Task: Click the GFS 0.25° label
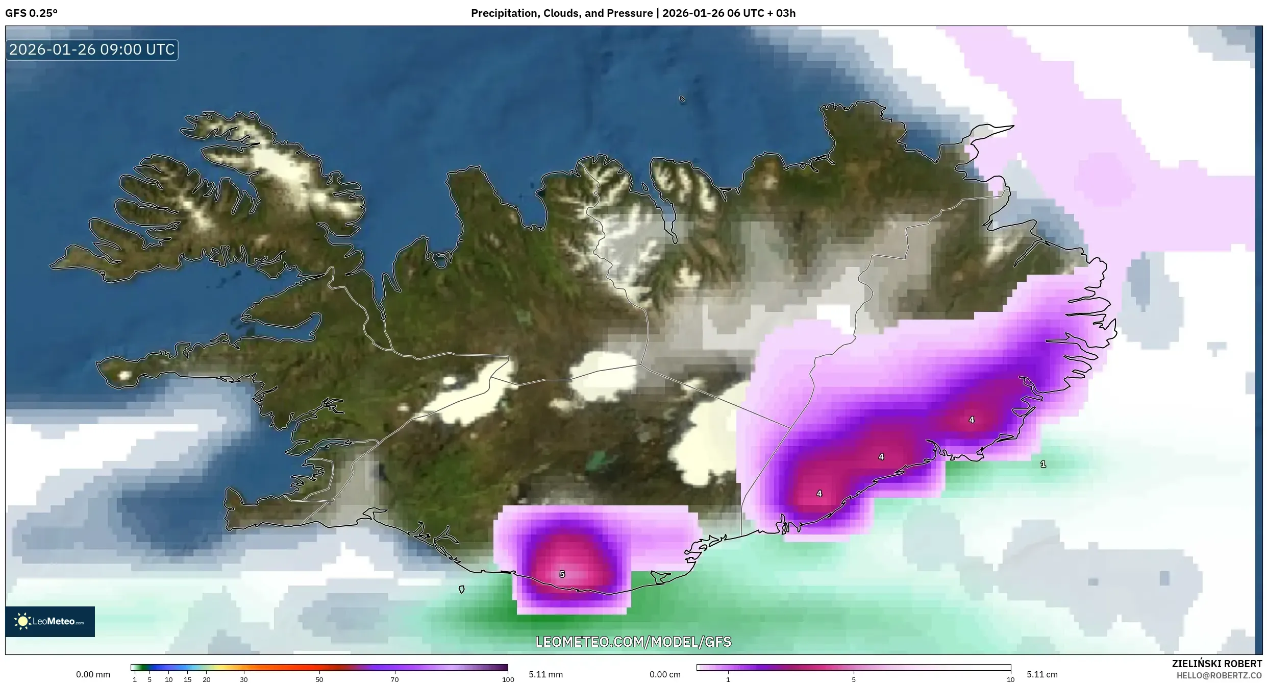[31, 13]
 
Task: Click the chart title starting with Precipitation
[633, 13]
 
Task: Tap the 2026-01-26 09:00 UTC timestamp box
[92, 50]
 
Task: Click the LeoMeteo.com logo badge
[50, 621]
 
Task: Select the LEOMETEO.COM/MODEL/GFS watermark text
[633, 642]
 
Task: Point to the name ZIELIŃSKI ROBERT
[1216, 664]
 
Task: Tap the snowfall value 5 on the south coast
[562, 574]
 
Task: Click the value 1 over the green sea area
[1043, 464]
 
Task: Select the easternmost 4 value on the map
[972, 420]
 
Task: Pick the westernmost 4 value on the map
[819, 494]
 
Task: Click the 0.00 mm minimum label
[93, 674]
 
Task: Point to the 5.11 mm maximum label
[545, 674]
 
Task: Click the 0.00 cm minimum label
[665, 674]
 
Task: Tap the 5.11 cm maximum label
[1042, 674]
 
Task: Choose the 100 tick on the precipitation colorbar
[508, 679]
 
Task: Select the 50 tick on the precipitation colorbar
[319, 679]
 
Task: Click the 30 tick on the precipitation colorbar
[244, 679]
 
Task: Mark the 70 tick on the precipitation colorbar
[394, 679]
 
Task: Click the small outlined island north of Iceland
[682, 100]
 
